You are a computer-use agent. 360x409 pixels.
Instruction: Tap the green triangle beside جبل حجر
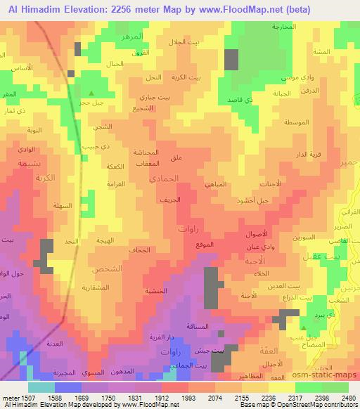(x=91, y=92)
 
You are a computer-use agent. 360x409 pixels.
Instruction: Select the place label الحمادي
(x=163, y=179)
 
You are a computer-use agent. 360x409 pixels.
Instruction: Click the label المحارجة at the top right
(x=284, y=27)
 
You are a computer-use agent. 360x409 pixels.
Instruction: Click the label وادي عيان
(x=259, y=246)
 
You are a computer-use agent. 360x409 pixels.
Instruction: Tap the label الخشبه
(x=156, y=290)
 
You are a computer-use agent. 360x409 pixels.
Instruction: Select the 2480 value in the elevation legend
(x=347, y=397)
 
